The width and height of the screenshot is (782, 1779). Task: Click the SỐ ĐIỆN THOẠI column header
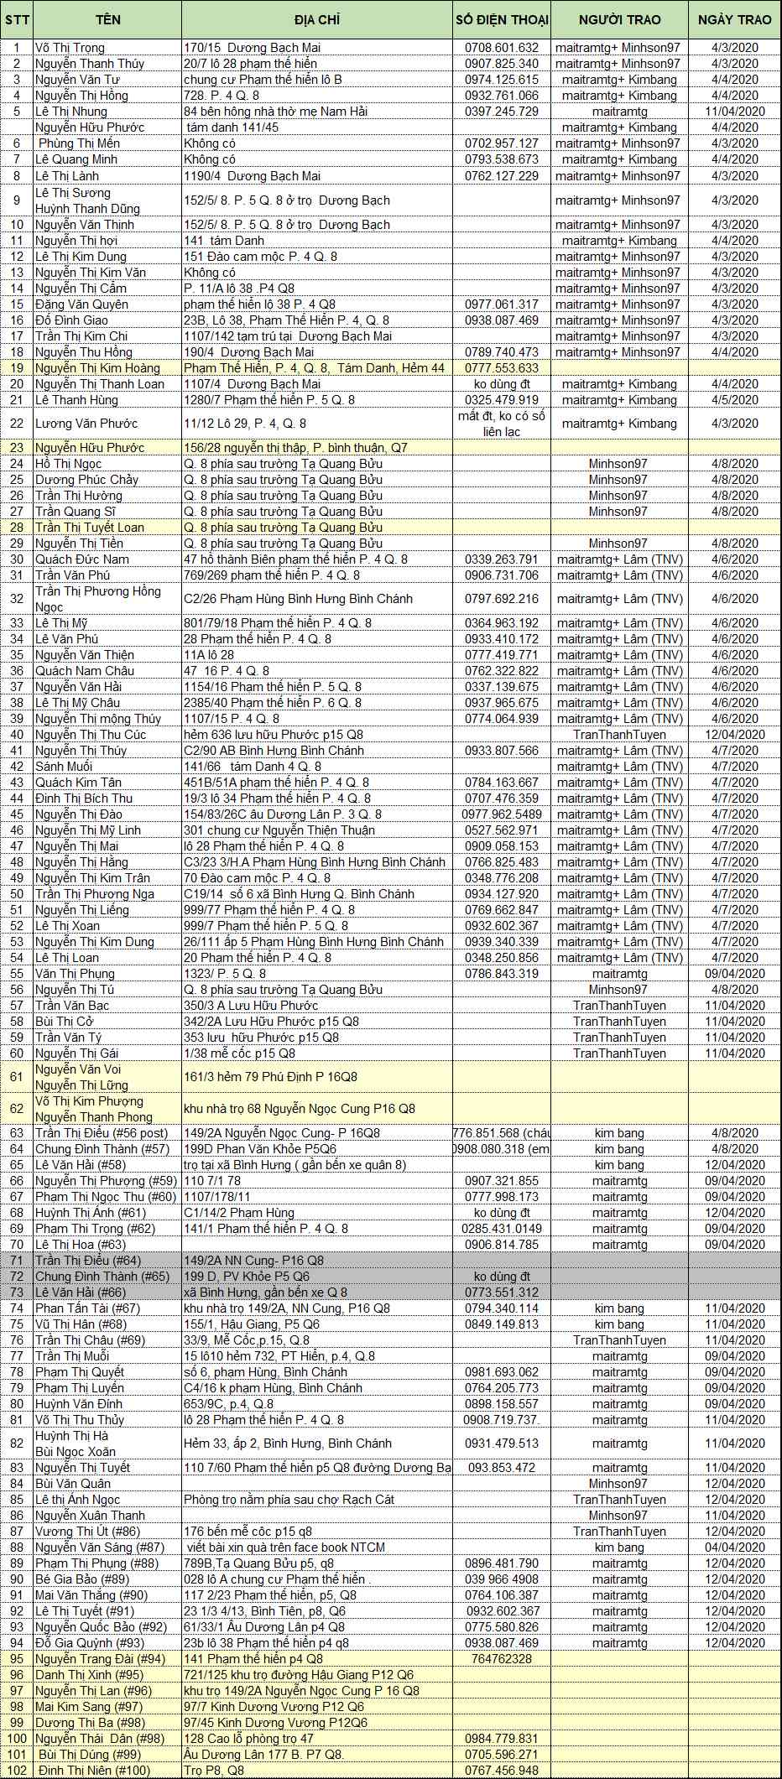502,19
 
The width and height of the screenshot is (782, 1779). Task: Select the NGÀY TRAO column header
734,19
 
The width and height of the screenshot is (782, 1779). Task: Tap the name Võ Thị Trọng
71,48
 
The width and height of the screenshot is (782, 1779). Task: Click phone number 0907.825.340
502,64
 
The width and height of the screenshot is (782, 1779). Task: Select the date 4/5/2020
734,400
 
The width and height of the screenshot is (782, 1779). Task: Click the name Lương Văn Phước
86,424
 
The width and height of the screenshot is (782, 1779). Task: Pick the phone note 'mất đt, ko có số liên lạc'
502,424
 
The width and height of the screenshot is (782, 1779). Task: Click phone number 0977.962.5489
502,814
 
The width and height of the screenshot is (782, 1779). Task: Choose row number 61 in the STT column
17,1077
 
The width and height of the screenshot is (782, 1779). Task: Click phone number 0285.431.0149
502,1229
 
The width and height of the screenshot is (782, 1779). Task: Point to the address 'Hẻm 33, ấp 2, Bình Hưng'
288,1443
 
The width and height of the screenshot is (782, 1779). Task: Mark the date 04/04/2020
734,1548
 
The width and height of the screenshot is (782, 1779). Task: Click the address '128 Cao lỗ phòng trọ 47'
248,1739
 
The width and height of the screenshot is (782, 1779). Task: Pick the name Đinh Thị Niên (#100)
93,1771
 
